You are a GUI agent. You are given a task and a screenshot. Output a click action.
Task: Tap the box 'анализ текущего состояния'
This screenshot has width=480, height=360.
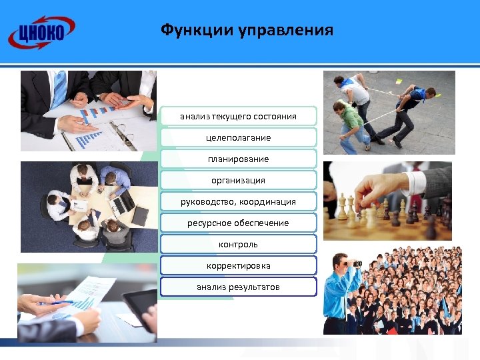[x=238, y=117]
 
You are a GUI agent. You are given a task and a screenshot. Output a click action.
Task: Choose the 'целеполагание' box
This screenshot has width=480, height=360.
[x=238, y=138]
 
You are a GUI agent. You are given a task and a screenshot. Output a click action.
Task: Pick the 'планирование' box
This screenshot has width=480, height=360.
[x=238, y=159]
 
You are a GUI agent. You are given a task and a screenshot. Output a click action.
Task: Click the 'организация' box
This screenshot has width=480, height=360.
[x=238, y=181]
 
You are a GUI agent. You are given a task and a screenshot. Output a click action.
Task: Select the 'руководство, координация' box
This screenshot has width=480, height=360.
[x=238, y=202]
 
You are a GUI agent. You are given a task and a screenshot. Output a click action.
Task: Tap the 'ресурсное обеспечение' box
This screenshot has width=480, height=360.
[x=238, y=223]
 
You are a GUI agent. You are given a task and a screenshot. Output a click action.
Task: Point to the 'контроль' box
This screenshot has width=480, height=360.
[x=238, y=245]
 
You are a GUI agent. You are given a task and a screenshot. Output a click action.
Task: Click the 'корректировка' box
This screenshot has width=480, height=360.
[x=238, y=266]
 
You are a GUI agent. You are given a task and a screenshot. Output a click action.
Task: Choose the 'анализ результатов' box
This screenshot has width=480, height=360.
[x=238, y=287]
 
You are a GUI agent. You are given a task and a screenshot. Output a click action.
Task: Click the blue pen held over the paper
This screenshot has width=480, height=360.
[x=57, y=303]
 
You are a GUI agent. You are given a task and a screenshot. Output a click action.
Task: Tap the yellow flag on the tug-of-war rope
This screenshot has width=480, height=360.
[x=399, y=81]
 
